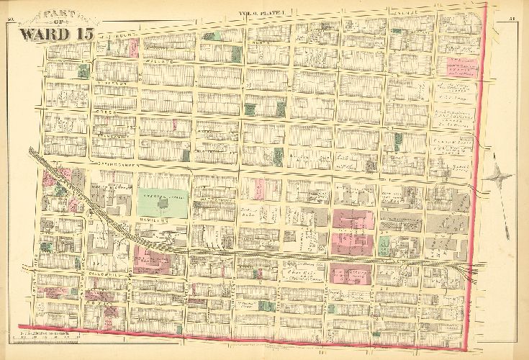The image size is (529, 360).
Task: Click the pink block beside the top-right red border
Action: point(461,67)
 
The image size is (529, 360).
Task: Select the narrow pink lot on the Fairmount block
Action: point(133,48)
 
